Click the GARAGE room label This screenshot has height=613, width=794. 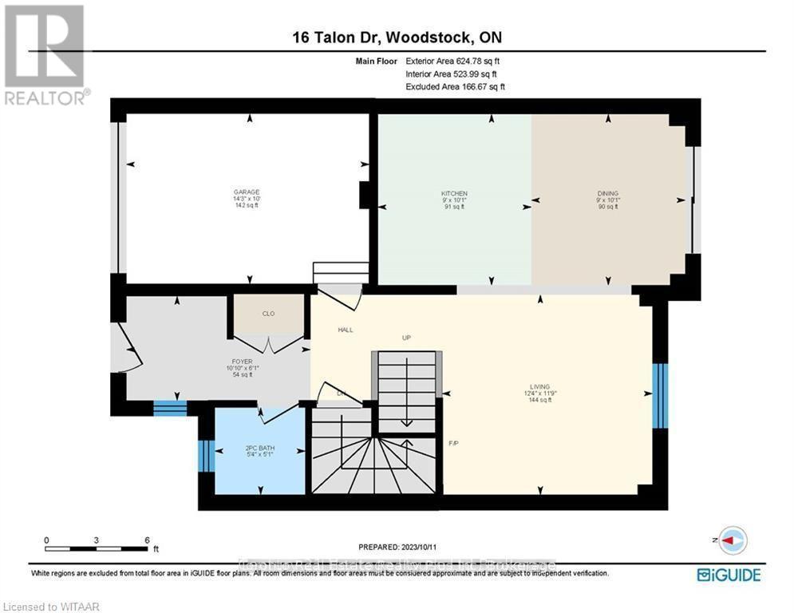[x=246, y=192]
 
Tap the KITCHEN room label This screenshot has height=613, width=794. [x=454, y=194]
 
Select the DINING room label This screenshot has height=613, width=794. [x=607, y=194]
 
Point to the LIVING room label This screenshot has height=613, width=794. [x=539, y=386]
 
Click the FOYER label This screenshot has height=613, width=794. [x=242, y=362]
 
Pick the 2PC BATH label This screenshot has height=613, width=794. [x=259, y=449]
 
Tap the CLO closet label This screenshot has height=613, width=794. [x=268, y=314]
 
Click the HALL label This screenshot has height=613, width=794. [x=346, y=330]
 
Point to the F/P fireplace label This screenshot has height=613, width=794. [x=454, y=443]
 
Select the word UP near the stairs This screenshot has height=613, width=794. [x=405, y=338]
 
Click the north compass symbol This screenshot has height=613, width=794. [x=732, y=540]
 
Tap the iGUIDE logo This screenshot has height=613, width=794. [x=728, y=575]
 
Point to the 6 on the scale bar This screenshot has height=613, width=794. [x=147, y=540]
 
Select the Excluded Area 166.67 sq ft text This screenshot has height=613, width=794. [x=455, y=86]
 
